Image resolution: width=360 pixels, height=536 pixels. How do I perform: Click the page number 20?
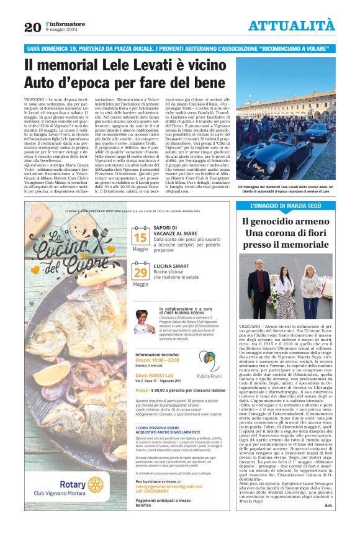pos(32,27)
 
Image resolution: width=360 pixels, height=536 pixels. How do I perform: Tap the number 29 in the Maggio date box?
pos(140,272)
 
